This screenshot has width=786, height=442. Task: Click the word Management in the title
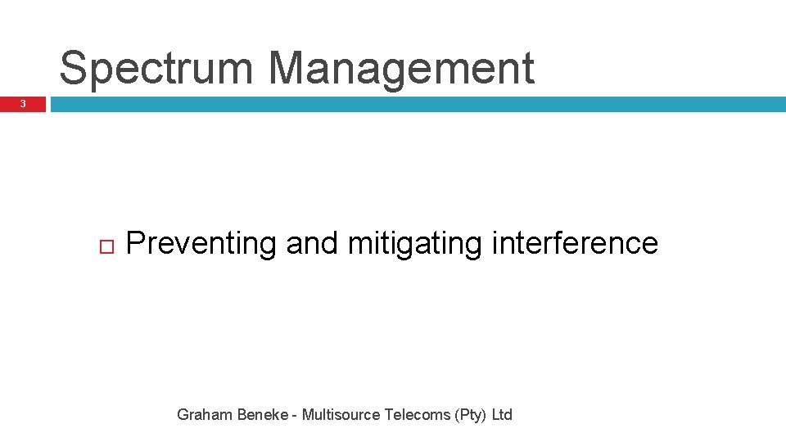pyautogui.click(x=401, y=69)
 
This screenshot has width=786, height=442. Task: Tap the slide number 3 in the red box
pyautogui.click(x=23, y=104)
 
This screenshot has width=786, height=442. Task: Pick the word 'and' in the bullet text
pyautogui.click(x=311, y=243)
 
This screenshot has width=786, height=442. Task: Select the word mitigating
pyautogui.click(x=414, y=244)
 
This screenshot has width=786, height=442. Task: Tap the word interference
pyautogui.click(x=575, y=243)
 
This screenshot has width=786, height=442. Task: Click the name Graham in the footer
pyautogui.click(x=205, y=415)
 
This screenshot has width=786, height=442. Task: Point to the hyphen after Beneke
pyautogui.click(x=295, y=416)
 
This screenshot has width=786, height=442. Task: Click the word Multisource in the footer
pyautogui.click(x=341, y=415)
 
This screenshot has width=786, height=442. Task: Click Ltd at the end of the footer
pyautogui.click(x=502, y=415)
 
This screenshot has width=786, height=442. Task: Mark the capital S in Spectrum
pyautogui.click(x=75, y=69)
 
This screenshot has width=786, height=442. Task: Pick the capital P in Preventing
pyautogui.click(x=137, y=243)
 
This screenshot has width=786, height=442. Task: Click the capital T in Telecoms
pyautogui.click(x=389, y=415)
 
